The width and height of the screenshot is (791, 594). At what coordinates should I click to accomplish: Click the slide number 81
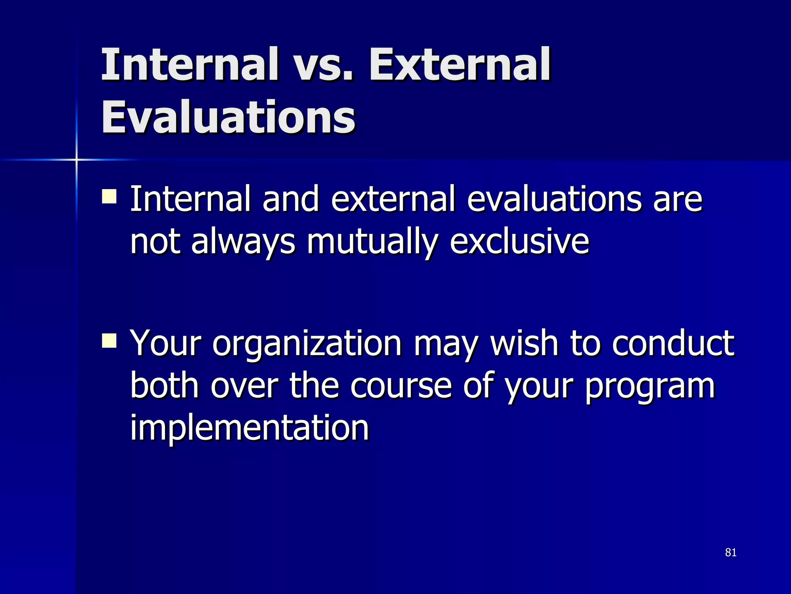click(x=731, y=553)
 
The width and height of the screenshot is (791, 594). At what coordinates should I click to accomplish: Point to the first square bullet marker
click(x=109, y=196)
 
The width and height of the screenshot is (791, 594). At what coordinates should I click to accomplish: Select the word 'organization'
click(x=307, y=343)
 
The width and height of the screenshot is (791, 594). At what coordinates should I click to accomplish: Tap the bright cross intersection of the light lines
click(x=76, y=159)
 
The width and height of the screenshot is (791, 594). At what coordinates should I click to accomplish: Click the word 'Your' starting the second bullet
click(x=165, y=343)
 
